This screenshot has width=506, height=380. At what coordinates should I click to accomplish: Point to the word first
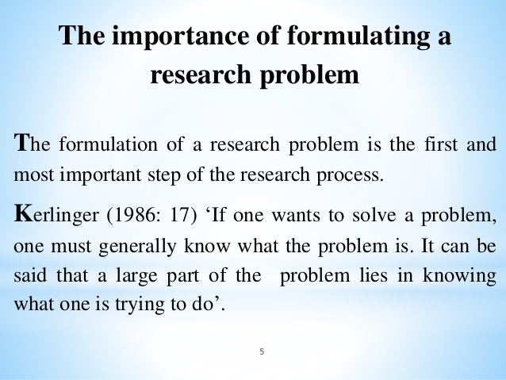coord(441,145)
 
